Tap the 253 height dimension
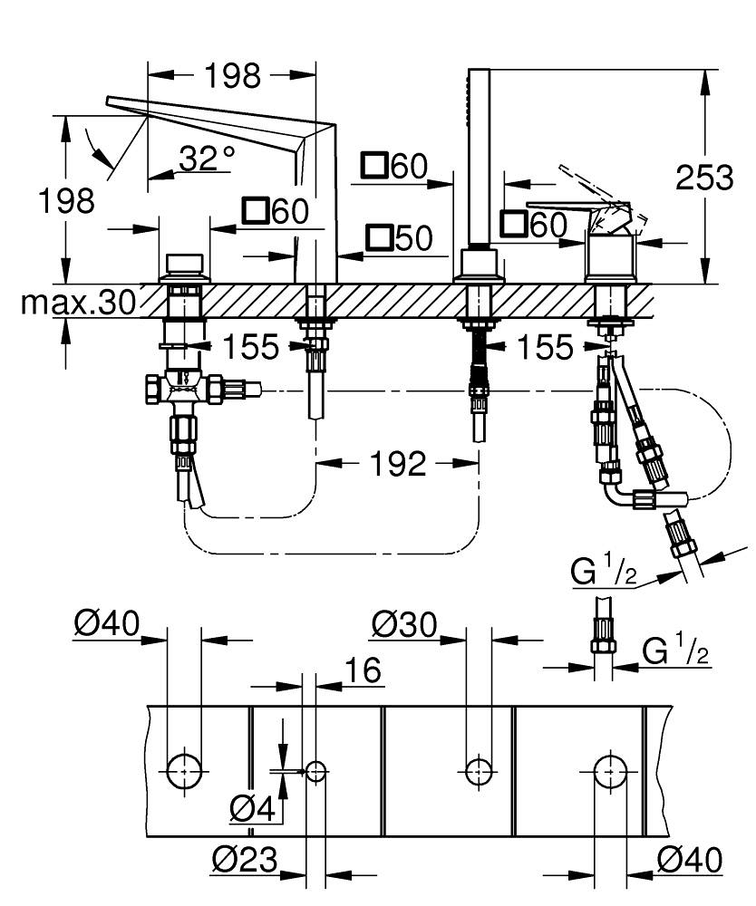pyautogui.click(x=705, y=178)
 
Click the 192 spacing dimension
pyautogui.click(x=397, y=465)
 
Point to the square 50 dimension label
pyautogui.click(x=399, y=238)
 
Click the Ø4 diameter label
pyautogui.click(x=252, y=808)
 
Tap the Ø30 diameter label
pyautogui.click(x=404, y=625)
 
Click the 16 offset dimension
pyautogui.click(x=363, y=671)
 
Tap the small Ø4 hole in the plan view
pyautogui.click(x=315, y=771)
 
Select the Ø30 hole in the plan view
pyautogui.click(x=478, y=771)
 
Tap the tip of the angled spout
pyautogui.click(x=111, y=102)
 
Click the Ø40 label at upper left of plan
pyautogui.click(x=107, y=625)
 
